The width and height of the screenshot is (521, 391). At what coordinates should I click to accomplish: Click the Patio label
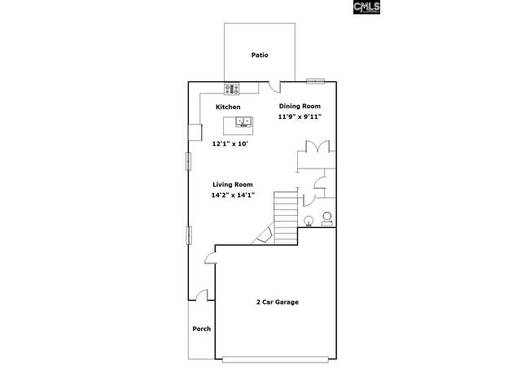pos(260,55)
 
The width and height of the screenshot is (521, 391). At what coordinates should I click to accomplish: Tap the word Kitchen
pos(228,107)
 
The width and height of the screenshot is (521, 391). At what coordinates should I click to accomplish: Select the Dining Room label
pos(300,106)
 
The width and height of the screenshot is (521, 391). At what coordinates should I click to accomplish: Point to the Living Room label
pos(233,185)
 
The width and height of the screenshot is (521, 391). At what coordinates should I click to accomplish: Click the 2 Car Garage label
pos(278,302)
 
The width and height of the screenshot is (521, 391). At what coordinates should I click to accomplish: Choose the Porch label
pos(202,328)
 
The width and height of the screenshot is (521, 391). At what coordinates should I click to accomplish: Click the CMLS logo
pos(367,7)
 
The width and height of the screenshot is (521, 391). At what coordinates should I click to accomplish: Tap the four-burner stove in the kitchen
pos(231,89)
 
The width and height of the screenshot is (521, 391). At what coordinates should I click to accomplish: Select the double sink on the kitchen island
pos(243,121)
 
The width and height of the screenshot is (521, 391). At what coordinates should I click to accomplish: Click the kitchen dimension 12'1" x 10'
pos(230,144)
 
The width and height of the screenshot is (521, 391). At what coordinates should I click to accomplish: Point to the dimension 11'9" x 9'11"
pos(300,116)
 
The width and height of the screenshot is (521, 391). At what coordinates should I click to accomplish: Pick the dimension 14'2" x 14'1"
pos(233,195)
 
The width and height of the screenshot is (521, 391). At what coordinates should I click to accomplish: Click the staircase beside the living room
pos(286,217)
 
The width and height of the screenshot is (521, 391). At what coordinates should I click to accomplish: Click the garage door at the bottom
pos(275,359)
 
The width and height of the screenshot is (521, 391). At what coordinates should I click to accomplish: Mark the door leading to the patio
pos(274,87)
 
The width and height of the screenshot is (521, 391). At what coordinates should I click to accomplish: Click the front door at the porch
pos(201,295)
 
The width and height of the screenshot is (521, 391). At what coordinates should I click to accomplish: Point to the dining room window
pos(315,81)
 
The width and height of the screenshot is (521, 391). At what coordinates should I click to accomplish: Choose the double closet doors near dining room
pos(318,147)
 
